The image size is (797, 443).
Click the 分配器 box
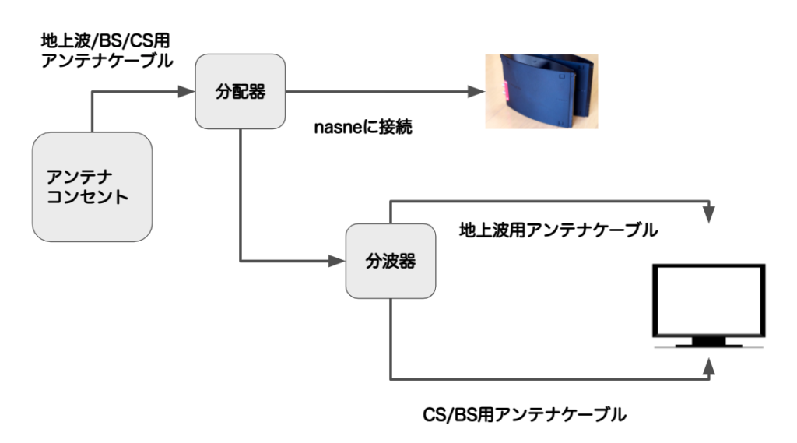pyautogui.click(x=240, y=92)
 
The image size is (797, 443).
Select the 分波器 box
pyautogui.click(x=389, y=261)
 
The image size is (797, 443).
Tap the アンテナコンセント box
pyautogui.click(x=92, y=186)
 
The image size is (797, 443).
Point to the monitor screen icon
pyautogui.click(x=708, y=300)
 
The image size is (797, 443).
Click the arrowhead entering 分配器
pyautogui.click(x=186, y=92)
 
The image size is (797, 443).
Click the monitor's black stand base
pyautogui.click(x=708, y=343)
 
